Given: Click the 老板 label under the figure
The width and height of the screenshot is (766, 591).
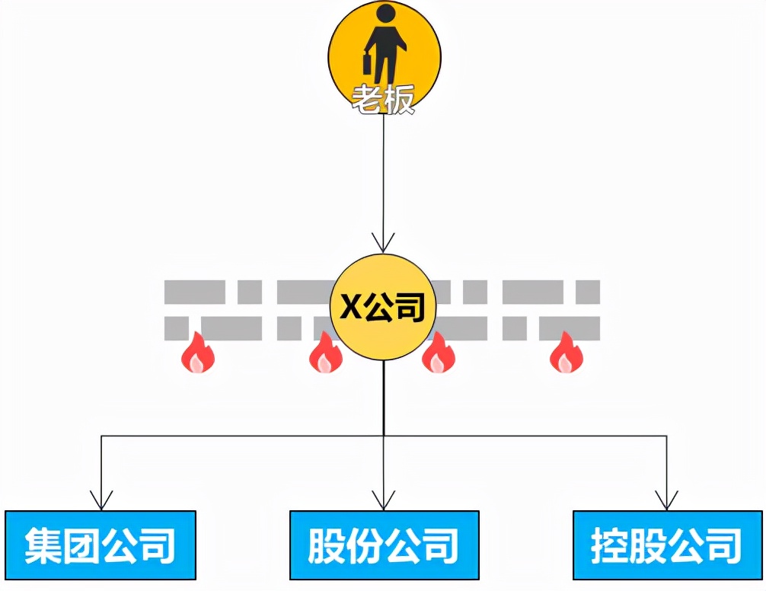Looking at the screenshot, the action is click(383, 99).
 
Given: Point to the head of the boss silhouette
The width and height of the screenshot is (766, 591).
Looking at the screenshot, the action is click(386, 13).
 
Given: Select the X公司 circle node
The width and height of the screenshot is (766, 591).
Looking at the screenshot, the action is click(382, 307).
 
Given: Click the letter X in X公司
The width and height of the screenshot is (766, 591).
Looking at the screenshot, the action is click(351, 307).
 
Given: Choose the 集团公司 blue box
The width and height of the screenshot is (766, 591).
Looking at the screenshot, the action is click(101, 545).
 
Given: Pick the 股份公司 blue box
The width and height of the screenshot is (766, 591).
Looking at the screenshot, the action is click(384, 545).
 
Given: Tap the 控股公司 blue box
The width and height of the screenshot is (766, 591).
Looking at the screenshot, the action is click(667, 545).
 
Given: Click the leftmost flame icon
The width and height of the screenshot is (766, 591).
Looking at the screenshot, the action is click(198, 352).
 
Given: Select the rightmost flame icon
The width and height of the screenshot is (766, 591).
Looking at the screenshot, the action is click(567, 352).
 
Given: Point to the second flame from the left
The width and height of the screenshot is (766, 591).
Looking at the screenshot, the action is click(326, 352).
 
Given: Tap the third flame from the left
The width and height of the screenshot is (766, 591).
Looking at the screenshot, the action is click(438, 352).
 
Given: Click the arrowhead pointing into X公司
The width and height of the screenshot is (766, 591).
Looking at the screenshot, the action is click(383, 243).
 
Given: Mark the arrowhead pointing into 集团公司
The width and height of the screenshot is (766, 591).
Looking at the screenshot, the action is click(101, 500).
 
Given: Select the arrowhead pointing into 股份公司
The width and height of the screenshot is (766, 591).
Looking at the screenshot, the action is click(384, 500).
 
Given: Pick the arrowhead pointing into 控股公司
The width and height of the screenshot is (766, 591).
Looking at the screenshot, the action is click(667, 500).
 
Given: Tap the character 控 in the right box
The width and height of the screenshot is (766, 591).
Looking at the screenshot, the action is click(610, 545).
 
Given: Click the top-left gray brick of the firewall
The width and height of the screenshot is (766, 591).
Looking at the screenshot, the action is click(194, 292).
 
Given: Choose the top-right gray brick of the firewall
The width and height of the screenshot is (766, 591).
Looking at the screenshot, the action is click(588, 292).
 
